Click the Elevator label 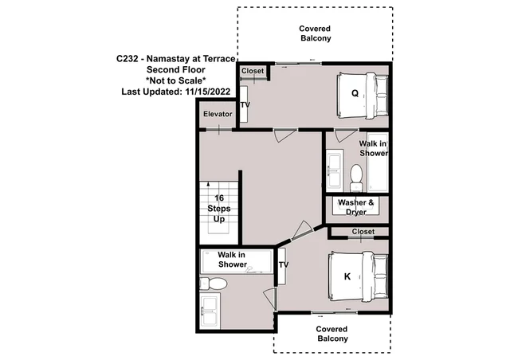(x=218, y=114)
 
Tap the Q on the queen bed (x=355, y=93)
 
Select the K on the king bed (x=347, y=276)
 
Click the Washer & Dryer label (x=356, y=207)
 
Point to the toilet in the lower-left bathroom (x=213, y=284)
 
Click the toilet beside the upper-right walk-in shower (x=356, y=178)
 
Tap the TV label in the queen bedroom (x=245, y=104)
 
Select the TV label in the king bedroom (x=284, y=264)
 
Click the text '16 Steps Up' (x=219, y=209)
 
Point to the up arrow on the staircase (x=208, y=185)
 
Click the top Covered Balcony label (x=316, y=33)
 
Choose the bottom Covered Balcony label (x=332, y=334)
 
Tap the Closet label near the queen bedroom (x=253, y=71)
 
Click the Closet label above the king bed (x=363, y=232)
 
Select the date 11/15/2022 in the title (x=208, y=92)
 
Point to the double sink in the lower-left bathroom (x=210, y=311)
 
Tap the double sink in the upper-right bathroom (x=335, y=170)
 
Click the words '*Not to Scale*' (x=176, y=80)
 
